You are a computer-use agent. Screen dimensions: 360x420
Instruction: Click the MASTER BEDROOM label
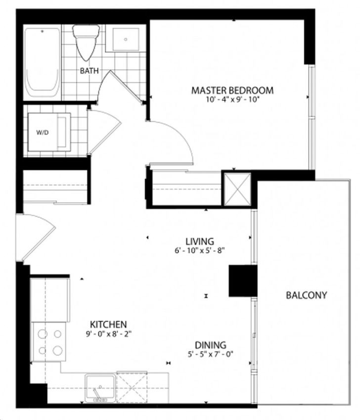pos(232,90)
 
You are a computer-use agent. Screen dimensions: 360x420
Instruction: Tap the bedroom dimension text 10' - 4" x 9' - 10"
pos(233,99)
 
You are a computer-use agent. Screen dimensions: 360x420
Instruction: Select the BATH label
pos(90,71)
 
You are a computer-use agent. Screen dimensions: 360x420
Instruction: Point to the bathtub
pos(43,62)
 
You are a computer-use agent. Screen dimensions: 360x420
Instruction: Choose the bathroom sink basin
pos(126,40)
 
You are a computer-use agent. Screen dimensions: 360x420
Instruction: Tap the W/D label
pos(43,132)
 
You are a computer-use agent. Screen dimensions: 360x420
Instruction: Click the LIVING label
pos(200,241)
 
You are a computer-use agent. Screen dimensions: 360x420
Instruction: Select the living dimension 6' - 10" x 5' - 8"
pos(200,250)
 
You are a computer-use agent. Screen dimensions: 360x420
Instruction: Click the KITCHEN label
pos(108,325)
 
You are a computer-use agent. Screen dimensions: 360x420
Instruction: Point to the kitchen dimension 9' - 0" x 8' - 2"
pos(109,334)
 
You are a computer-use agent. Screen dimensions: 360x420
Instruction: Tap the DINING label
pos(210,345)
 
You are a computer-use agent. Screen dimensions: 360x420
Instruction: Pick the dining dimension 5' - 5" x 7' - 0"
pos(210,354)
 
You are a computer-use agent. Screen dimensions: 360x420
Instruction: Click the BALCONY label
pos(307,295)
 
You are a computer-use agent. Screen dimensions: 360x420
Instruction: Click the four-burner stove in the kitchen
pos(49,342)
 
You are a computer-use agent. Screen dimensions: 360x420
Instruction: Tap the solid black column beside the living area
pos(243,280)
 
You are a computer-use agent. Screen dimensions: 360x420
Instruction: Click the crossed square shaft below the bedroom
pos(237,189)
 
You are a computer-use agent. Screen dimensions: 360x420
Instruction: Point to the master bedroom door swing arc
pos(180,137)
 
